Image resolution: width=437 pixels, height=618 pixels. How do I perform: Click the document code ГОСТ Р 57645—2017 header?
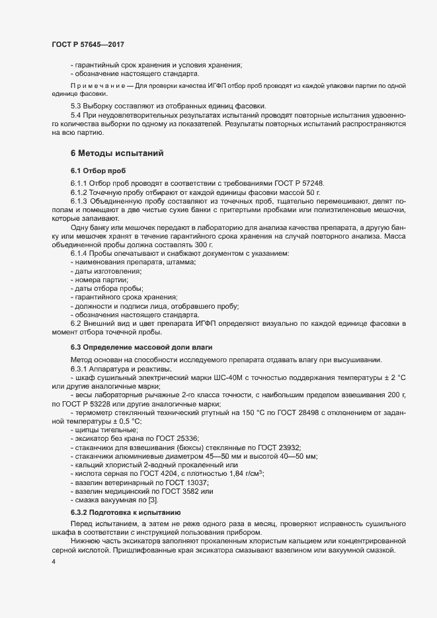point(88,44)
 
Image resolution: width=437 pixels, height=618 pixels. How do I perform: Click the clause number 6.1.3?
point(80,200)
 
